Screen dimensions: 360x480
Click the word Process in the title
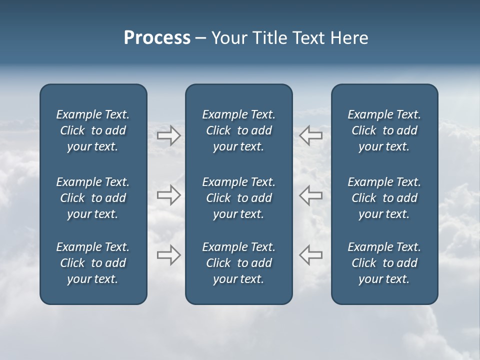point(157,38)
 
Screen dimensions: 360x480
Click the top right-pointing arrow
point(168,135)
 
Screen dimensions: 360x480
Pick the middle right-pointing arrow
point(168,195)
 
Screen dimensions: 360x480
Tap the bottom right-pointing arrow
point(168,254)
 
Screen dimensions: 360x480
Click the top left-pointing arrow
point(310,135)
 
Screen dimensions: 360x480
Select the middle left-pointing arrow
point(310,195)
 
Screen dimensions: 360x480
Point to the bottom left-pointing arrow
point(310,254)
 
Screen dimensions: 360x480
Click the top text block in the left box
point(93,130)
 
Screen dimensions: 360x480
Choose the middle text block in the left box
point(93,198)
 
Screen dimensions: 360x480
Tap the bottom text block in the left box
point(93,263)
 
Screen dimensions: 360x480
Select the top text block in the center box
point(238,130)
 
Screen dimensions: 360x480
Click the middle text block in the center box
point(238,198)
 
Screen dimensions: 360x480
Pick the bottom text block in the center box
point(238,263)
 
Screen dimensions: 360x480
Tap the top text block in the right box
point(384,130)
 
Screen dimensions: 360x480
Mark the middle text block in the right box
point(384,198)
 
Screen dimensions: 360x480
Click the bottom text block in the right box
point(384,263)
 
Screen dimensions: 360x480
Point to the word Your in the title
point(228,38)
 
